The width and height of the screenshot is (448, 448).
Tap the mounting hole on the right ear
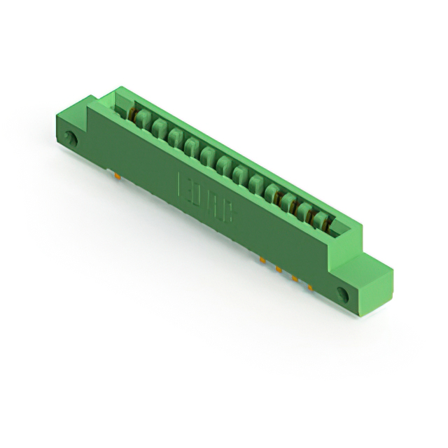click(x=342, y=293)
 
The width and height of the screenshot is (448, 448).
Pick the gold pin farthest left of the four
click(x=262, y=260)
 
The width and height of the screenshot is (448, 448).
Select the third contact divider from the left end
click(x=175, y=136)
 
